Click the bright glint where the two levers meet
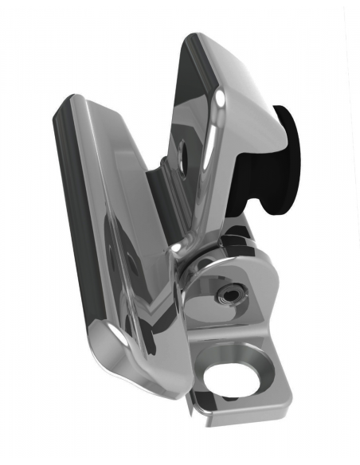(x=174, y=248)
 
